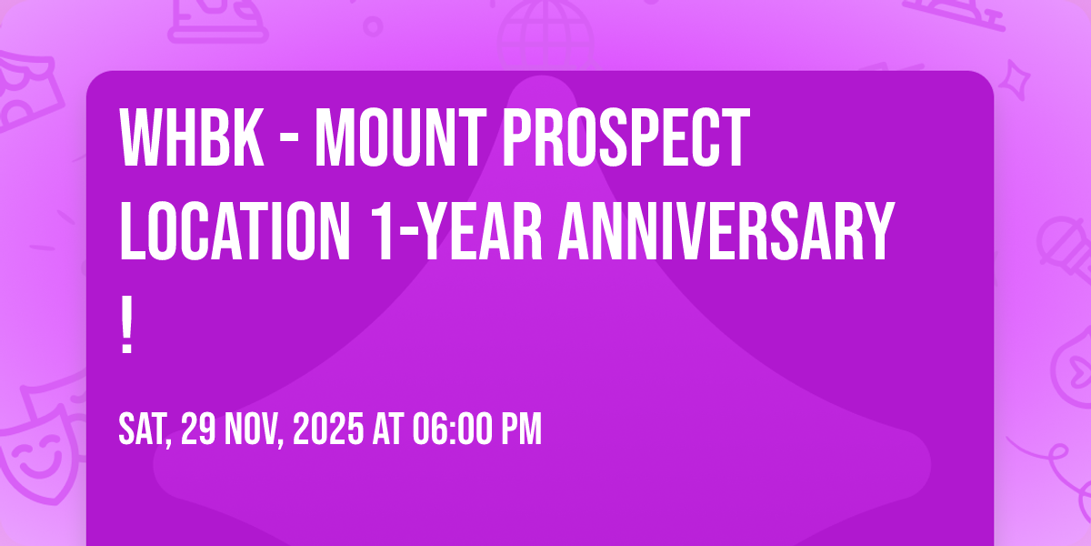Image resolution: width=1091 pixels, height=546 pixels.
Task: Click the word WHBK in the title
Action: tap(192, 137)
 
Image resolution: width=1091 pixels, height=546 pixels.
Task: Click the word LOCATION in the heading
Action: tap(235, 231)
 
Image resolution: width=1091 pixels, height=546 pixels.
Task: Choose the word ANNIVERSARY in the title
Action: tap(726, 231)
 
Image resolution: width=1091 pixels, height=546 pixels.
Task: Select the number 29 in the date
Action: tap(198, 429)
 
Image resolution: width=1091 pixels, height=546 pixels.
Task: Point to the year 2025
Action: tap(328, 429)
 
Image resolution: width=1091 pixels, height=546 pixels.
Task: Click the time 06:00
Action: tap(452, 429)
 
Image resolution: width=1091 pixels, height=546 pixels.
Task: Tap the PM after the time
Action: tap(521, 429)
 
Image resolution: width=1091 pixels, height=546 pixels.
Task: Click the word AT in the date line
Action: tap(388, 429)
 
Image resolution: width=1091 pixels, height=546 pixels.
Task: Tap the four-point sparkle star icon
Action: tap(1014, 80)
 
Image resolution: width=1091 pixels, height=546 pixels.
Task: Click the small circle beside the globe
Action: tap(373, 26)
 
